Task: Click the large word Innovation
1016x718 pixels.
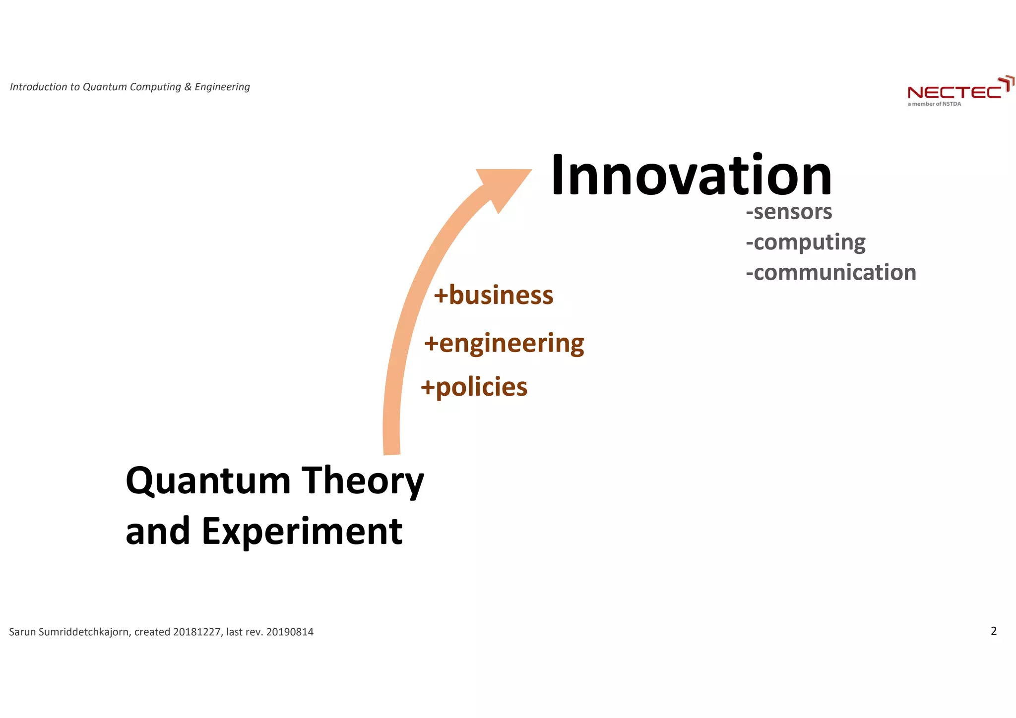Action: point(691,176)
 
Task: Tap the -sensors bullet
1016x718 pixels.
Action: point(789,212)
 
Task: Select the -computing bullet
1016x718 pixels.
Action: point(806,242)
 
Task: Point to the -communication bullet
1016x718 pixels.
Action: point(831,273)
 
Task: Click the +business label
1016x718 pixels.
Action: point(494,296)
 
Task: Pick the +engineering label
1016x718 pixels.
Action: point(504,344)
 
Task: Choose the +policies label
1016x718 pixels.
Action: point(474,387)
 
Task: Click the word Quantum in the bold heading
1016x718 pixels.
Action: point(208,481)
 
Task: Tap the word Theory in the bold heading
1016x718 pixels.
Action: point(363,481)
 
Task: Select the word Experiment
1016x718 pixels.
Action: point(302,532)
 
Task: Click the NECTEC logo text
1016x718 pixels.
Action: point(954,93)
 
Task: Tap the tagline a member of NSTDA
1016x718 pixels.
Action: point(934,104)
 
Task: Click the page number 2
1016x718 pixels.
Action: point(993,631)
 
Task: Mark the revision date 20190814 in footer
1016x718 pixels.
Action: point(290,632)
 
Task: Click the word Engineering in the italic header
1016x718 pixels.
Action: point(222,87)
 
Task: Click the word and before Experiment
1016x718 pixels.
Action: point(158,532)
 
